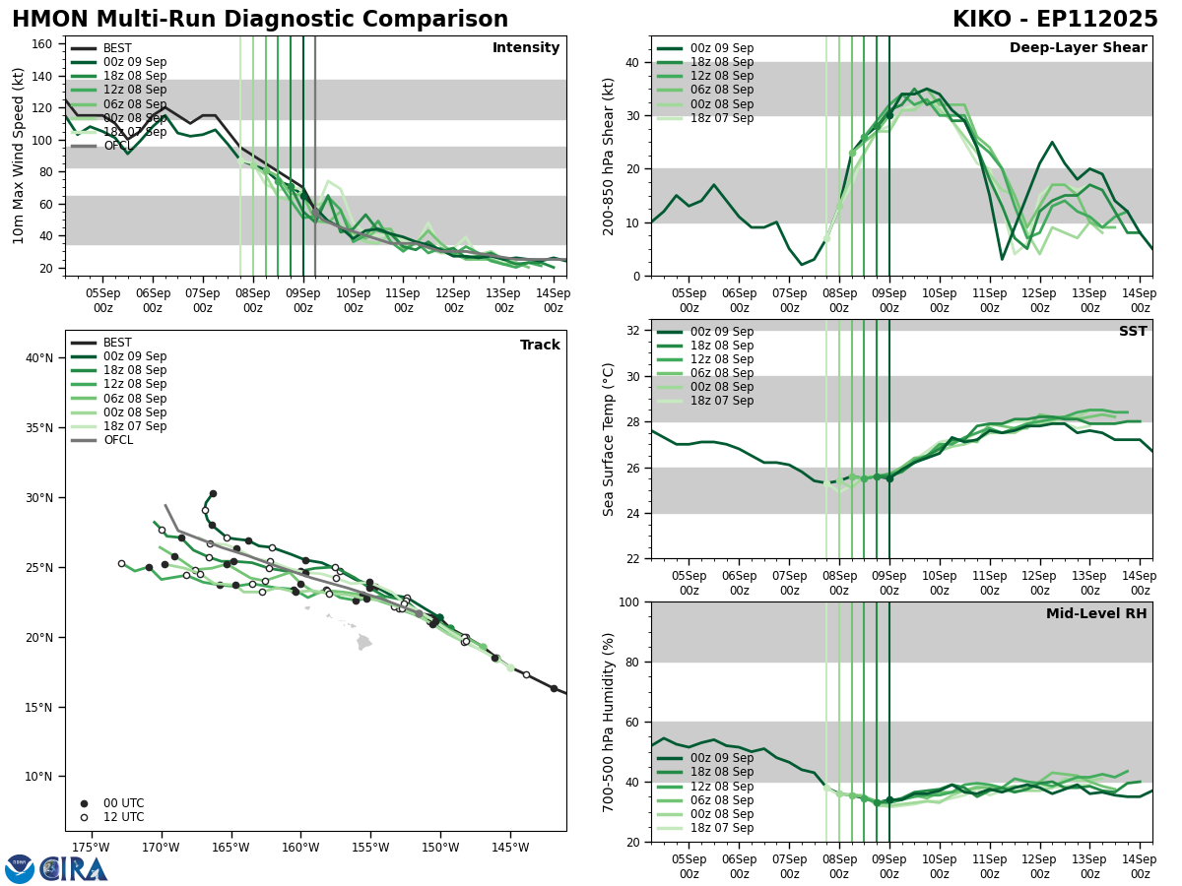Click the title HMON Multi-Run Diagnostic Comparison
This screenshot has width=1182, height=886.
(260, 20)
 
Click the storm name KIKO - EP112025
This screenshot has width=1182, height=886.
(1055, 20)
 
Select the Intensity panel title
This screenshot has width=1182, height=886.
(525, 48)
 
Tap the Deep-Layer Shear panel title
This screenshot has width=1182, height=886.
(1078, 48)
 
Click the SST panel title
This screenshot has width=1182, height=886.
(1132, 332)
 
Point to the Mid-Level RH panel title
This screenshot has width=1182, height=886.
(1096, 614)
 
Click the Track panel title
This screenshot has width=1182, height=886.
(540, 346)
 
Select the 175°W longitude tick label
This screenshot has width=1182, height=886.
(91, 848)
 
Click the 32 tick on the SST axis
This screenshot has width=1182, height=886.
(634, 331)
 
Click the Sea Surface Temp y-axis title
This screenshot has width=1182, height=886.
(609, 439)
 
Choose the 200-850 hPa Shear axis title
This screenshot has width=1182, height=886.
(609, 156)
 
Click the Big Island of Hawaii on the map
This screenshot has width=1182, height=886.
(364, 643)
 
